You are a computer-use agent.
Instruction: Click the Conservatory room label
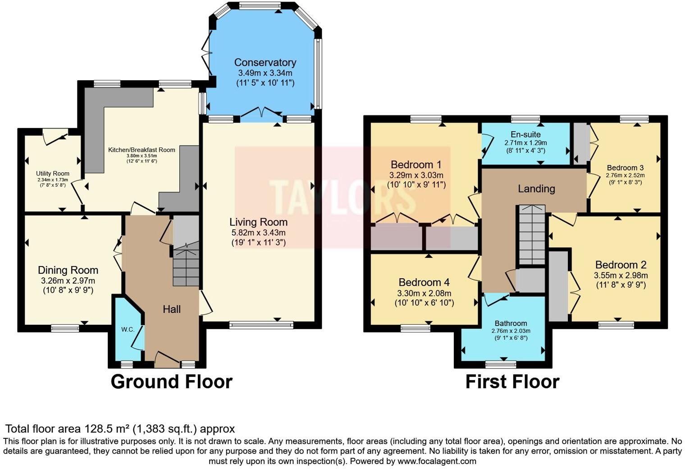pyautogui.click(x=265, y=62)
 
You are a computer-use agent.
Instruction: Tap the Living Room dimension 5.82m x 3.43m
pyautogui.click(x=258, y=233)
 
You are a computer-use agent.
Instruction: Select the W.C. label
pyautogui.click(x=128, y=330)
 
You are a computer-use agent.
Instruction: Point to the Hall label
pyautogui.click(x=172, y=309)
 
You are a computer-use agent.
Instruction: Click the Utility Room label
pyautogui.click(x=53, y=174)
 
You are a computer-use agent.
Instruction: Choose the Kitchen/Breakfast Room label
pyautogui.click(x=142, y=150)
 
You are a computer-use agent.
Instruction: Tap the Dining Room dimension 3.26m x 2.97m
pyautogui.click(x=68, y=280)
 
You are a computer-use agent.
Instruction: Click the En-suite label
pyautogui.click(x=525, y=134)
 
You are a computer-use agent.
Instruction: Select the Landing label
pyautogui.click(x=536, y=189)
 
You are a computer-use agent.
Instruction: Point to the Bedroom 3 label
pyautogui.click(x=625, y=168)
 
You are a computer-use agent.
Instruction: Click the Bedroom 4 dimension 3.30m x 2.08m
pyautogui.click(x=424, y=293)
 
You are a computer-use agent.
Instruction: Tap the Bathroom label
pyautogui.click(x=511, y=323)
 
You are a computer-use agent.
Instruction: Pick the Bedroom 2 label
pyautogui.click(x=621, y=265)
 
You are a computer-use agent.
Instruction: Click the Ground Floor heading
pyautogui.click(x=172, y=382)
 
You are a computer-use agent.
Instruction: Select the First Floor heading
pyautogui.click(x=512, y=382)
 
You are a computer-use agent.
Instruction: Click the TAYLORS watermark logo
pyautogui.click(x=342, y=198)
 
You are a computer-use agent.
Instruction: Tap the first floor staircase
pyautogui.click(x=532, y=234)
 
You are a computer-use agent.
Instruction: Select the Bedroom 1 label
pyautogui.click(x=416, y=165)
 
